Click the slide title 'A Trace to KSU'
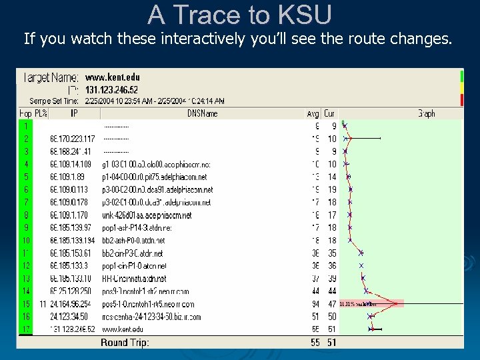239,14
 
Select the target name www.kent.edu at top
113,77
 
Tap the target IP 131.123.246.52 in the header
111,89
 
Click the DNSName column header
202,114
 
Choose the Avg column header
313,114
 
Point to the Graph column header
426,114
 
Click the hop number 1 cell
25,126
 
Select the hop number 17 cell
26,329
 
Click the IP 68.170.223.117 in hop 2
72,139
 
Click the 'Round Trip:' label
125,343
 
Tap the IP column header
74,114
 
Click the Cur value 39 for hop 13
331,279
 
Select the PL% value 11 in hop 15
42,304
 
